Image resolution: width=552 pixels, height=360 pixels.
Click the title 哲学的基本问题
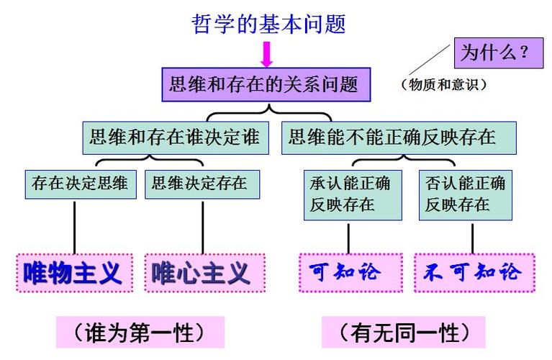(x=268, y=24)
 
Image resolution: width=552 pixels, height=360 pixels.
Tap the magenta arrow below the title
(x=267, y=55)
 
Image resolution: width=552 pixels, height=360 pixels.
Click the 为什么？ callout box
(x=497, y=53)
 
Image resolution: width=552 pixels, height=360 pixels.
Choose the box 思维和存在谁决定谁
(x=175, y=136)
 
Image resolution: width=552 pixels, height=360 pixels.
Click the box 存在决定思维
(x=80, y=184)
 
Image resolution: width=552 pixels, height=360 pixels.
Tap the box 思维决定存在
(x=200, y=184)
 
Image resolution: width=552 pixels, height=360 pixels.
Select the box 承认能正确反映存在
(x=350, y=194)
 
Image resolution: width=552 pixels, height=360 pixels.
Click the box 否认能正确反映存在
(x=466, y=194)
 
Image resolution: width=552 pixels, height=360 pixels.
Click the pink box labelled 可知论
(x=350, y=272)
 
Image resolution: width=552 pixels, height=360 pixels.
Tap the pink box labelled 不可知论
(x=474, y=272)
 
